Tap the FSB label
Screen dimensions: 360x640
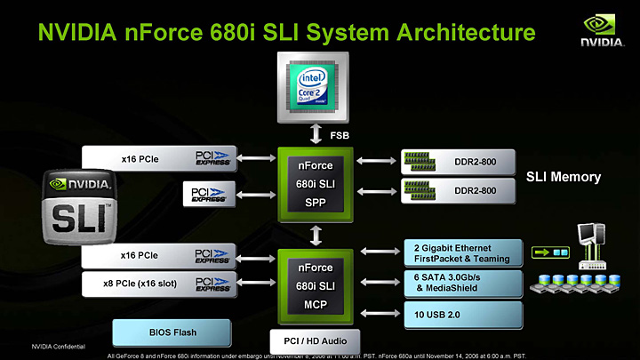(340, 135)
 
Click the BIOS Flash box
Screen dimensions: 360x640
(172, 332)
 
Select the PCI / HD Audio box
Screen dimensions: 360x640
(315, 340)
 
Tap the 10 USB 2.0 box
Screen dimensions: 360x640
(460, 314)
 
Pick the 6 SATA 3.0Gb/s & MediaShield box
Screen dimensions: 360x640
(460, 283)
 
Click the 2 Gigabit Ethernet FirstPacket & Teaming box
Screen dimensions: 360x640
(460, 252)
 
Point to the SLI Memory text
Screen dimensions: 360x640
(563, 177)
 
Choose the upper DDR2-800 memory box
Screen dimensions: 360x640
(460, 160)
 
